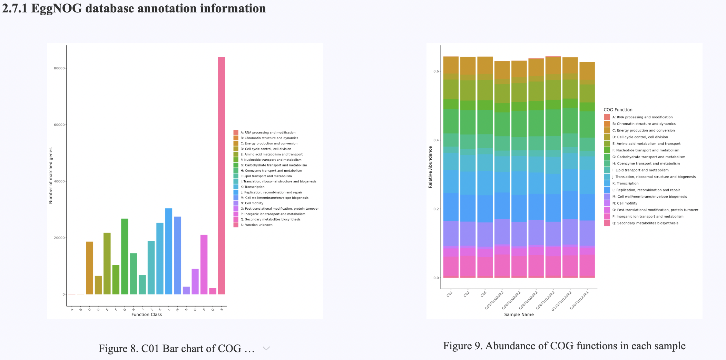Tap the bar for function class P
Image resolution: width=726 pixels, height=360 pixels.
pyautogui.click(x=204, y=264)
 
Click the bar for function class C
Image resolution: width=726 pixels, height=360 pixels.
pyautogui.click(x=89, y=268)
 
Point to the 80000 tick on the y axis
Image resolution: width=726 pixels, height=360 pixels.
pyautogui.click(x=59, y=68)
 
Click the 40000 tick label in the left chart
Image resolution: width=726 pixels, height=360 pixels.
pyautogui.click(x=59, y=181)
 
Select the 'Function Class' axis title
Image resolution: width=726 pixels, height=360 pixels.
pyautogui.click(x=147, y=314)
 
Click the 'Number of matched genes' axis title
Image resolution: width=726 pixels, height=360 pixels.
pyautogui.click(x=51, y=176)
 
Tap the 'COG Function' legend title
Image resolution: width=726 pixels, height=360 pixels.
pyautogui.click(x=618, y=110)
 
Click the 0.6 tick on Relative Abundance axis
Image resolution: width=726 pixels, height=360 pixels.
pyautogui.click(x=436, y=71)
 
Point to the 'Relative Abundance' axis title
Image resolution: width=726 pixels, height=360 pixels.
pyautogui.click(x=430, y=167)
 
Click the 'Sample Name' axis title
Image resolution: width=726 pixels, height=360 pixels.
pyautogui.click(x=519, y=314)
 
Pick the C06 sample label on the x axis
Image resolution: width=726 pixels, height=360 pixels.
pyautogui.click(x=483, y=294)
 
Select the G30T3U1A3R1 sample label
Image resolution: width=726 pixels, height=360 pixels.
pyautogui.click(x=579, y=300)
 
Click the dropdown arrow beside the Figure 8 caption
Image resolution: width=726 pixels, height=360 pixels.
pyautogui.click(x=266, y=348)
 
